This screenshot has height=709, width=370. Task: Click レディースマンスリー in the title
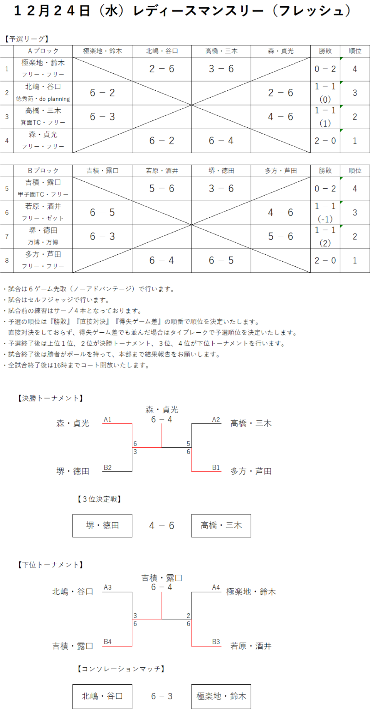[x=199, y=11]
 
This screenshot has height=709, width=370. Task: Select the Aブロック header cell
[x=43, y=51]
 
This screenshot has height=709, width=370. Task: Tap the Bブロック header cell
[x=43, y=171]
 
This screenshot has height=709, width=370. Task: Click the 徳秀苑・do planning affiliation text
[x=43, y=99]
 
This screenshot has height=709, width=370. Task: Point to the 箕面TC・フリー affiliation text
[x=43, y=123]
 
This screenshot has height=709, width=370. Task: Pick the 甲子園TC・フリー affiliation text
[x=43, y=195]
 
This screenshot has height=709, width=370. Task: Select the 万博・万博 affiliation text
[x=43, y=242]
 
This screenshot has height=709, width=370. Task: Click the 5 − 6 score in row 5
[x=162, y=189]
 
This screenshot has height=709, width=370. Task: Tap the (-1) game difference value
[x=325, y=219]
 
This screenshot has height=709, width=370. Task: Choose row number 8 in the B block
[x=7, y=261]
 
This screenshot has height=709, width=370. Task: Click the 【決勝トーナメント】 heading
[x=50, y=398]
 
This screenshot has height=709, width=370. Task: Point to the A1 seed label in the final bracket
[x=108, y=420]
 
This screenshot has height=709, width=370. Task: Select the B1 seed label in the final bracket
[x=216, y=468]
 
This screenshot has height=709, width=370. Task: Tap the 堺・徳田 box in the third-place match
[x=102, y=526]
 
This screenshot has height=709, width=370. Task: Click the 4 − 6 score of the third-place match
[x=162, y=526]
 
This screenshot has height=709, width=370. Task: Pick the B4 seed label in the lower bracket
[x=108, y=642]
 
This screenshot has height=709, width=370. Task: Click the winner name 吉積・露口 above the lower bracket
[x=162, y=578]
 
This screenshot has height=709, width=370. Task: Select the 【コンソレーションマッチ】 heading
[x=121, y=669]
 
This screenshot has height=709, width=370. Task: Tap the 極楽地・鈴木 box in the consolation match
[x=221, y=696]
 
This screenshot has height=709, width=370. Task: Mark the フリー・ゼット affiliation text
[x=43, y=218]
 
